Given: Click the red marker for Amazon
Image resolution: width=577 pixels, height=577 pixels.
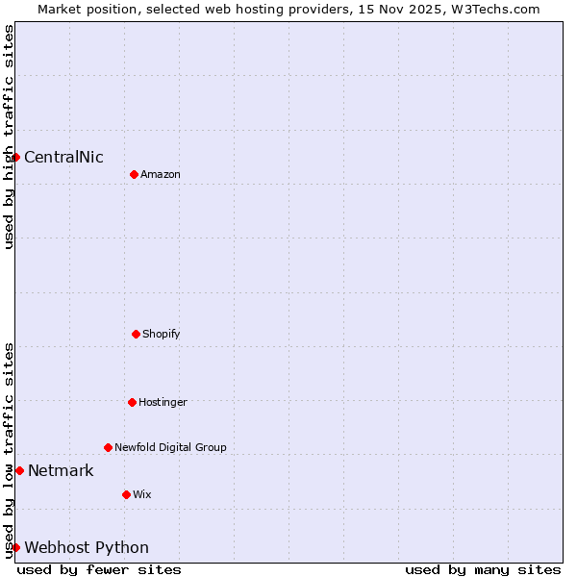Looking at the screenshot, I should point(134,174).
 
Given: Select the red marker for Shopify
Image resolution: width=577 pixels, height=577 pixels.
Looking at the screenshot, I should point(136,334).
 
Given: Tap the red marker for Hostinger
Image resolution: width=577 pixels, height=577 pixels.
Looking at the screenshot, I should point(132,402).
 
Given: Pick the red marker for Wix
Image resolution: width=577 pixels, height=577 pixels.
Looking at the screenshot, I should point(126,494).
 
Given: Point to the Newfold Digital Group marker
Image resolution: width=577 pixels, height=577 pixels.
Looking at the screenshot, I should point(108,447).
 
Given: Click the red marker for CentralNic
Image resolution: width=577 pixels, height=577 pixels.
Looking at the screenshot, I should point(15,157).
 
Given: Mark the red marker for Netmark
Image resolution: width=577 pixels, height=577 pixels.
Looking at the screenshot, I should point(19,470).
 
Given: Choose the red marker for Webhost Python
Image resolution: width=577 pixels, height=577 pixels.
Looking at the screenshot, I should point(15,547).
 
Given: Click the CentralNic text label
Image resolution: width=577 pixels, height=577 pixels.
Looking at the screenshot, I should point(63,158).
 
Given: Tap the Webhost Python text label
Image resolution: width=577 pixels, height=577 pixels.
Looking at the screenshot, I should point(87,548).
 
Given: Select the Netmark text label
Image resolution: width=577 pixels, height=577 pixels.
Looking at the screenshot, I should point(61,471).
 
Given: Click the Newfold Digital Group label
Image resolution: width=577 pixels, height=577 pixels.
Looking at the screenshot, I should point(170,447).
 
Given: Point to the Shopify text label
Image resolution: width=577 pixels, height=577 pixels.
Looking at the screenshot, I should point(161,334).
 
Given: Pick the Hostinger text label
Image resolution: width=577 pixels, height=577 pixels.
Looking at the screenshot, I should point(163,402).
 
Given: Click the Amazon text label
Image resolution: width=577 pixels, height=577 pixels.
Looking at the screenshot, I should point(160,174).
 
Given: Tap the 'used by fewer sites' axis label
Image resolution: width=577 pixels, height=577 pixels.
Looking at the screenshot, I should point(99,569).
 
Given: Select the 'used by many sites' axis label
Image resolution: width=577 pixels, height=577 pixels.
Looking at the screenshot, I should point(483,569).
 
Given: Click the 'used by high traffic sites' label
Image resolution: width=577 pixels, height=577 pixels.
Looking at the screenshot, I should point(9,137).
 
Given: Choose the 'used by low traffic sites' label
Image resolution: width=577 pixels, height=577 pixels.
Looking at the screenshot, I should point(9,449).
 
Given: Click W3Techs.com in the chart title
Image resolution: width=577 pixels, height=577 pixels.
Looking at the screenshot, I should point(493,9).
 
